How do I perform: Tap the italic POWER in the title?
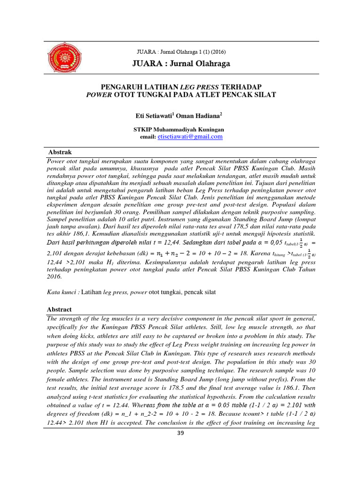(x=97, y=94)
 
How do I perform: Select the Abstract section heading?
(x=59, y=310)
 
